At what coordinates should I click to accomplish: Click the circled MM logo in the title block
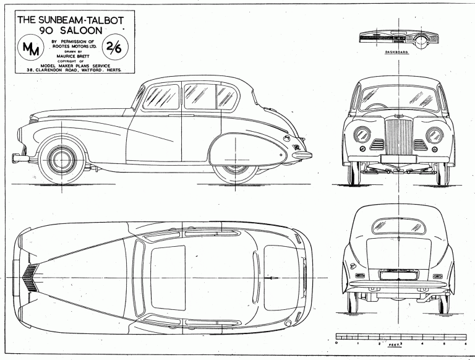coord(29,48)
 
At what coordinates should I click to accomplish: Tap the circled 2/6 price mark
coord(113,46)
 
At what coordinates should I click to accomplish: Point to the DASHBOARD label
coord(397,53)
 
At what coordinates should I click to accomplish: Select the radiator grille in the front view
coord(396,136)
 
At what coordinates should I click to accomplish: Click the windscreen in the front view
coord(396,100)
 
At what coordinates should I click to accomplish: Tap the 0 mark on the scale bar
coord(335,342)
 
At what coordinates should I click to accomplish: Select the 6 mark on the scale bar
coord(463,342)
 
